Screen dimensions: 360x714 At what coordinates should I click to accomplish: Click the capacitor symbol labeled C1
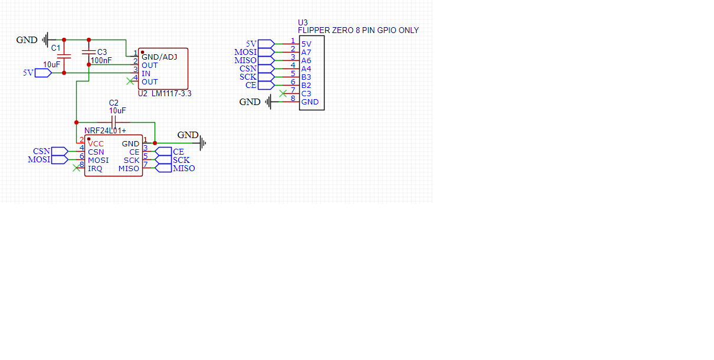64,56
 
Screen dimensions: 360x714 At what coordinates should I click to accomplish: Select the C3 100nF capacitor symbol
89,53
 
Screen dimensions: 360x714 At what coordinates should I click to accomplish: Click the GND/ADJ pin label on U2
159,57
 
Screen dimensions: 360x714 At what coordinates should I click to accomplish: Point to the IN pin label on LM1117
146,73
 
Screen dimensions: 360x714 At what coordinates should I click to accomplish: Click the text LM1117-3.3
172,93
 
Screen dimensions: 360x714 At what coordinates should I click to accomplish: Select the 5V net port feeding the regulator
42,73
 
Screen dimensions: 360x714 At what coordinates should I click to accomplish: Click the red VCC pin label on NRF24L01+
96,143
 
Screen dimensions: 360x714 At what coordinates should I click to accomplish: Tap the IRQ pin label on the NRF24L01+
95,168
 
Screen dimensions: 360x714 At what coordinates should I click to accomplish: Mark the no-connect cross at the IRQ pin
76,168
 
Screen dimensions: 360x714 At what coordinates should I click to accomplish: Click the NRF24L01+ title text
105,130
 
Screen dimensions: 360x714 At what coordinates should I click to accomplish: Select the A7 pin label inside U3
306,52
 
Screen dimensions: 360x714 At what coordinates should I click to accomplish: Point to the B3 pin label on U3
306,77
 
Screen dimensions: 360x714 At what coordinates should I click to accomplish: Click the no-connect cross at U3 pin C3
283,93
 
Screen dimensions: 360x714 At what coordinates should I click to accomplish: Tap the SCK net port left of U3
266,77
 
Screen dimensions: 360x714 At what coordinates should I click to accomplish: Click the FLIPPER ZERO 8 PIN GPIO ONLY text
358,30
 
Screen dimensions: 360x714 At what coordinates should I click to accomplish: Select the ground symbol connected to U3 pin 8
268,102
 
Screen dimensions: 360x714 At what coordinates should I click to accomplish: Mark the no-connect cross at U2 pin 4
130,81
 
